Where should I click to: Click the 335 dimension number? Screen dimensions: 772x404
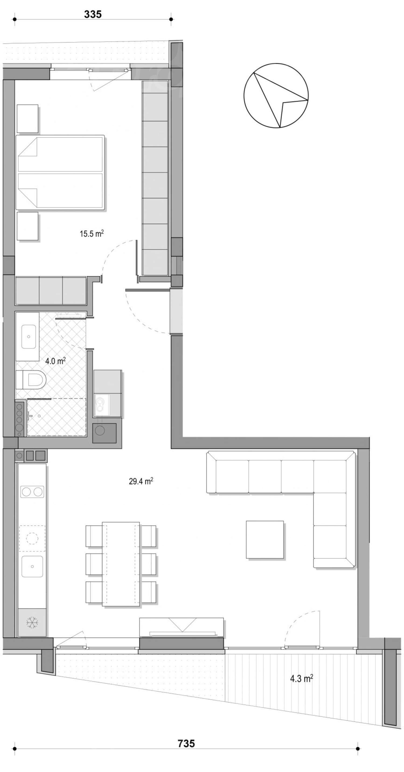coord(93,14)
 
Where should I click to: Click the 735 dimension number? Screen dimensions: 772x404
coord(186,743)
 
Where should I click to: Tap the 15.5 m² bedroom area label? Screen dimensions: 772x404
coord(91,233)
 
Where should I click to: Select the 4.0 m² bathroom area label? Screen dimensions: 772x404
coord(55,361)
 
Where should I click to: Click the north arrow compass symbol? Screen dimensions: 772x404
coord(276,95)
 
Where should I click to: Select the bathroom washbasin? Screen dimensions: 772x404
coord(29,337)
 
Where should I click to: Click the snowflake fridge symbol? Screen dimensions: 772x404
coord(32,623)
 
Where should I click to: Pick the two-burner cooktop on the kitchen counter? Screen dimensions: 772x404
coord(32,492)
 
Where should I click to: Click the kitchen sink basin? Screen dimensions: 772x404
coord(32,567)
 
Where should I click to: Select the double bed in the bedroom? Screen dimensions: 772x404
coord(60,172)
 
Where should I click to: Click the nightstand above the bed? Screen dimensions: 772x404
coord(27,118)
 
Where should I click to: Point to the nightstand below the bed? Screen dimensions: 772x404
coord(27,226)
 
